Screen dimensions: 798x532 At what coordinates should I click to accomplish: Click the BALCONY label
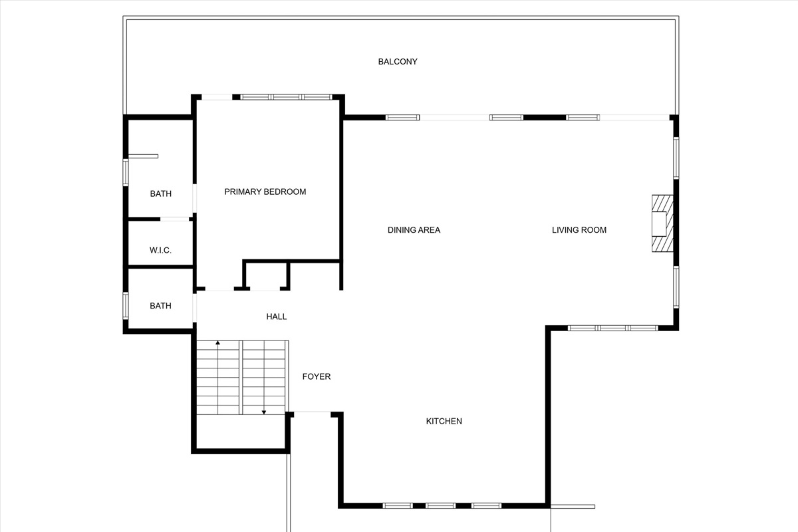[x=398, y=62]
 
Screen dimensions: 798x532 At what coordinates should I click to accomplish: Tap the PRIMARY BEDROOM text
[x=265, y=192]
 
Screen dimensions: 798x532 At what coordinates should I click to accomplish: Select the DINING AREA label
[x=414, y=230]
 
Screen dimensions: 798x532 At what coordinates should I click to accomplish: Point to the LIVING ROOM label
[x=579, y=230]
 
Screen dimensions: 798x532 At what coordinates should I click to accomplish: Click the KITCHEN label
[x=444, y=421]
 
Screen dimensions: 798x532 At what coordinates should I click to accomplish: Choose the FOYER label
[x=317, y=376]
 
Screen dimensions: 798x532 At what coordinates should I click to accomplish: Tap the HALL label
[x=277, y=317]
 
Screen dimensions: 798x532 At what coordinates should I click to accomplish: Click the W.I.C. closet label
[x=160, y=250]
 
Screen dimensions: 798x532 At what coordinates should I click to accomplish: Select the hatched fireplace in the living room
[x=662, y=223]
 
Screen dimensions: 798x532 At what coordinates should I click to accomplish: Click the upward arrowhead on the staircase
[x=217, y=342]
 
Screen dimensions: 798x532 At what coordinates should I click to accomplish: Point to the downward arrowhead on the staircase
[x=264, y=412]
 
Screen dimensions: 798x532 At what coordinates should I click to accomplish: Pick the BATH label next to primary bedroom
[x=161, y=194]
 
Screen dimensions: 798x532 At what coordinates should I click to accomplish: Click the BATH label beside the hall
[x=161, y=306]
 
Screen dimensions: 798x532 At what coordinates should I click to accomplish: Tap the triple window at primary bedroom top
[x=287, y=97]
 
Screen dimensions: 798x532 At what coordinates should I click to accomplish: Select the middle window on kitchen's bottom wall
[x=440, y=505]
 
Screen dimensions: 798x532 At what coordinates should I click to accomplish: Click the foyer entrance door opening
[x=313, y=412]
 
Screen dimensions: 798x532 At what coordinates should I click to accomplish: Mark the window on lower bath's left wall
[x=126, y=306]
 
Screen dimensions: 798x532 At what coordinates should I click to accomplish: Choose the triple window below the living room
[x=612, y=329]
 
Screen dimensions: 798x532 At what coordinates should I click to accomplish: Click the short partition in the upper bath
[x=143, y=156]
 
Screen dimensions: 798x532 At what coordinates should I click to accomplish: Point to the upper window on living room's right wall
[x=676, y=158]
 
